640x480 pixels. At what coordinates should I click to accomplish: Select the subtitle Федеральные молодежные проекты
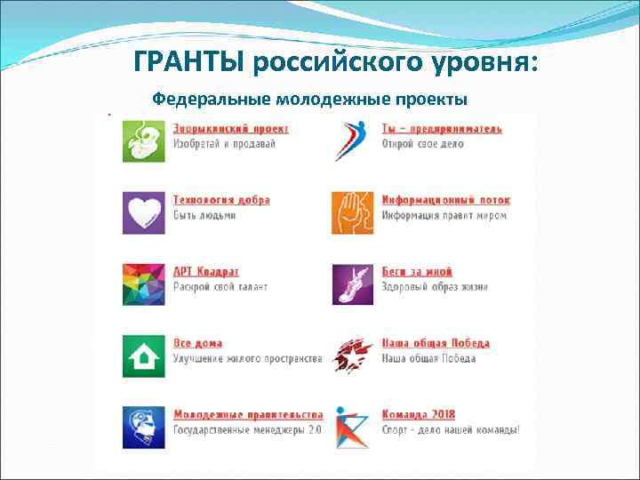tap(309, 99)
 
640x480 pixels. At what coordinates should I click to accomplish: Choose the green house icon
tap(143, 356)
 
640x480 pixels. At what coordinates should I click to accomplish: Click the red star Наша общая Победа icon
tap(353, 356)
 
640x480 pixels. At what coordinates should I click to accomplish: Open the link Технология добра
tap(221, 200)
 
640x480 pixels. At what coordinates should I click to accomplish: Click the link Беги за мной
tap(417, 271)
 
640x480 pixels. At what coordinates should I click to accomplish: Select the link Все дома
tap(197, 343)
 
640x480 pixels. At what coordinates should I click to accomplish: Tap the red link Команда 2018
tap(418, 414)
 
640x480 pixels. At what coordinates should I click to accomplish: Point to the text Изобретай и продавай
tap(224, 143)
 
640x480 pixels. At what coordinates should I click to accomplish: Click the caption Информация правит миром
tap(444, 215)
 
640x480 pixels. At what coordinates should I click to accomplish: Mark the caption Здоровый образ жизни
tap(435, 286)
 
